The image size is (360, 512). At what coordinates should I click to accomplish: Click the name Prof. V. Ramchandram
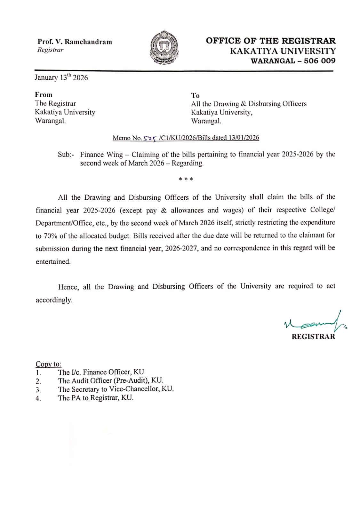point(75,42)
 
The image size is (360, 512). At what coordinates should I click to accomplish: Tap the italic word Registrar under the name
point(50,50)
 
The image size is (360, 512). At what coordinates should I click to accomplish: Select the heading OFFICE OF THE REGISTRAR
point(271,41)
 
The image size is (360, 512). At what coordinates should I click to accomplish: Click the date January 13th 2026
point(61,77)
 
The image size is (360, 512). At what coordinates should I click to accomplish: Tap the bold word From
point(44,95)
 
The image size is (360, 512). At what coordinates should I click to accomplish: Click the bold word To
point(195,95)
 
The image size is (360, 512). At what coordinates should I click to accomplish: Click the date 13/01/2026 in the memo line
point(244,138)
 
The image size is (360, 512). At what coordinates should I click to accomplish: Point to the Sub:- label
point(66,155)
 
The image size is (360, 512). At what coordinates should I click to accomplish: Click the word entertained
point(53,261)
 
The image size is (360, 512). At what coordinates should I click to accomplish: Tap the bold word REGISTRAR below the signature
point(313,337)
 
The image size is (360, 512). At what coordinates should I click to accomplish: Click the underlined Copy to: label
point(48,364)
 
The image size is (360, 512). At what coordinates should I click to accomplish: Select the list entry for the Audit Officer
point(111,381)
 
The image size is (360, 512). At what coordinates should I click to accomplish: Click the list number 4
point(38,399)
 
